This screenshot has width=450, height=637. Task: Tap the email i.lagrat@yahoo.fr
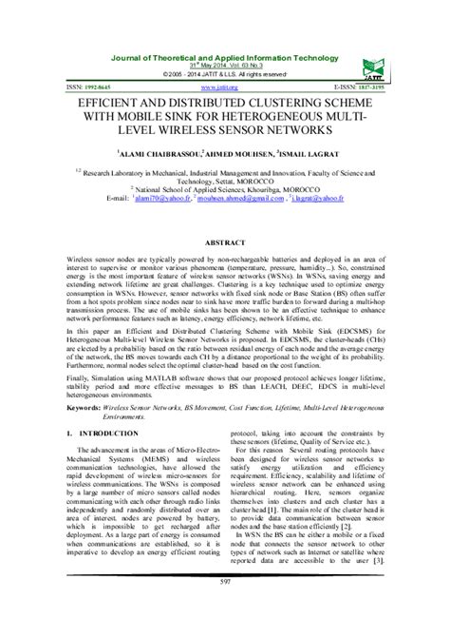coord(312,200)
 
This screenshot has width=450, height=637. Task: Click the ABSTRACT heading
coord(225,242)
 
